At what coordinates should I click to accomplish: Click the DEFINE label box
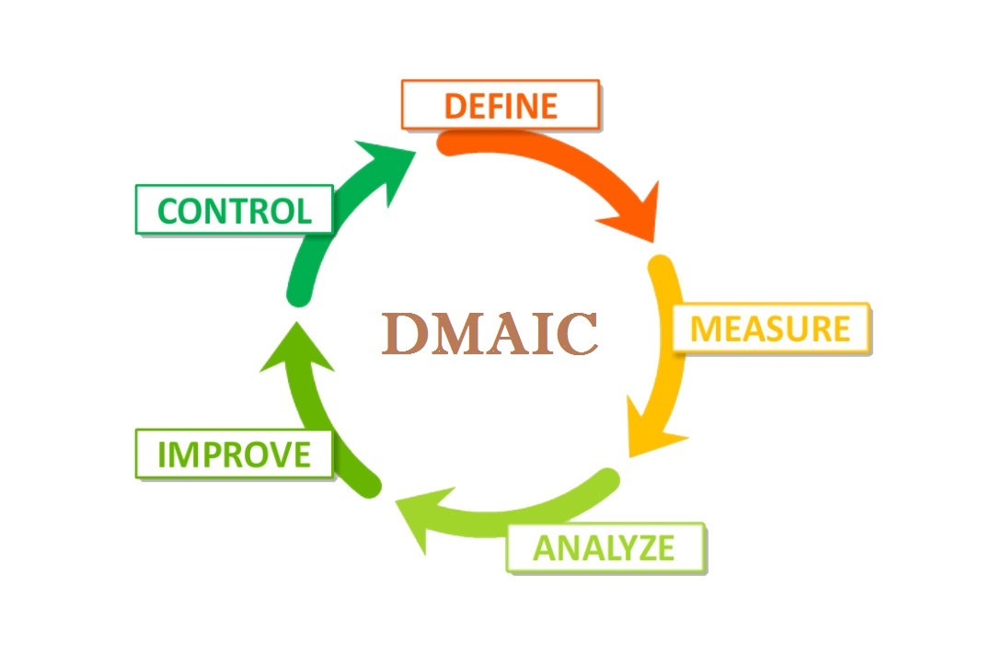[501, 104]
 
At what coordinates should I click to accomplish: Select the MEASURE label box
[771, 328]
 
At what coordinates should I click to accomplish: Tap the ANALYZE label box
[605, 547]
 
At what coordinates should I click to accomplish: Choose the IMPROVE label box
[234, 454]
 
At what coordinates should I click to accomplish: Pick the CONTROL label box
[234, 210]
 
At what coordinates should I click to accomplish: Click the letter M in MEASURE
[706, 328]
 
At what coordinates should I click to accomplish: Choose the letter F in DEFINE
[502, 105]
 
